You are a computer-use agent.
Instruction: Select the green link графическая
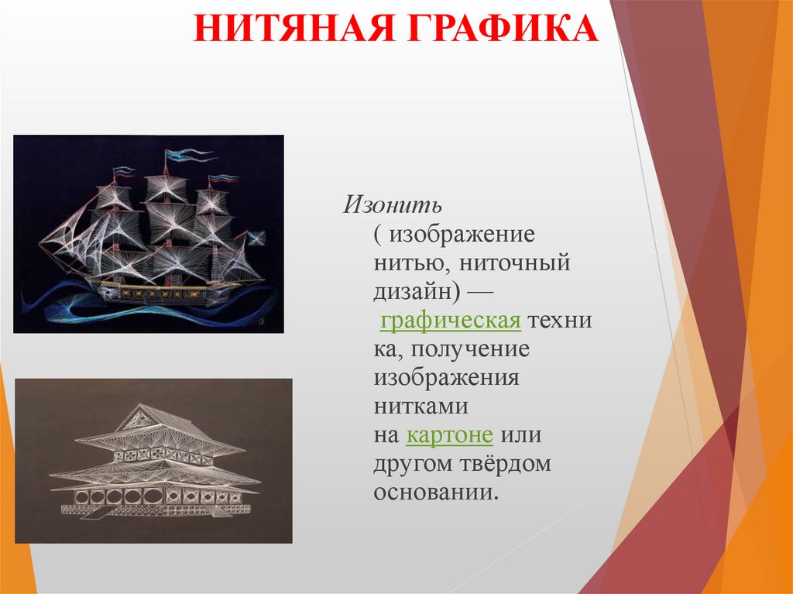(449, 321)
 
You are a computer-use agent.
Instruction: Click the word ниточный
(514, 263)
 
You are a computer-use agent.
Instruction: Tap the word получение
(470, 349)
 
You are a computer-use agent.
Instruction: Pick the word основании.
(434, 493)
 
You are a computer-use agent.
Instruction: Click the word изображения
(445, 378)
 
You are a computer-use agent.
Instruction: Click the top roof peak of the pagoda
(139, 407)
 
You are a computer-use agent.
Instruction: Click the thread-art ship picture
(149, 234)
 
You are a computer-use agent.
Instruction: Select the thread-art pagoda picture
(153, 460)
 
